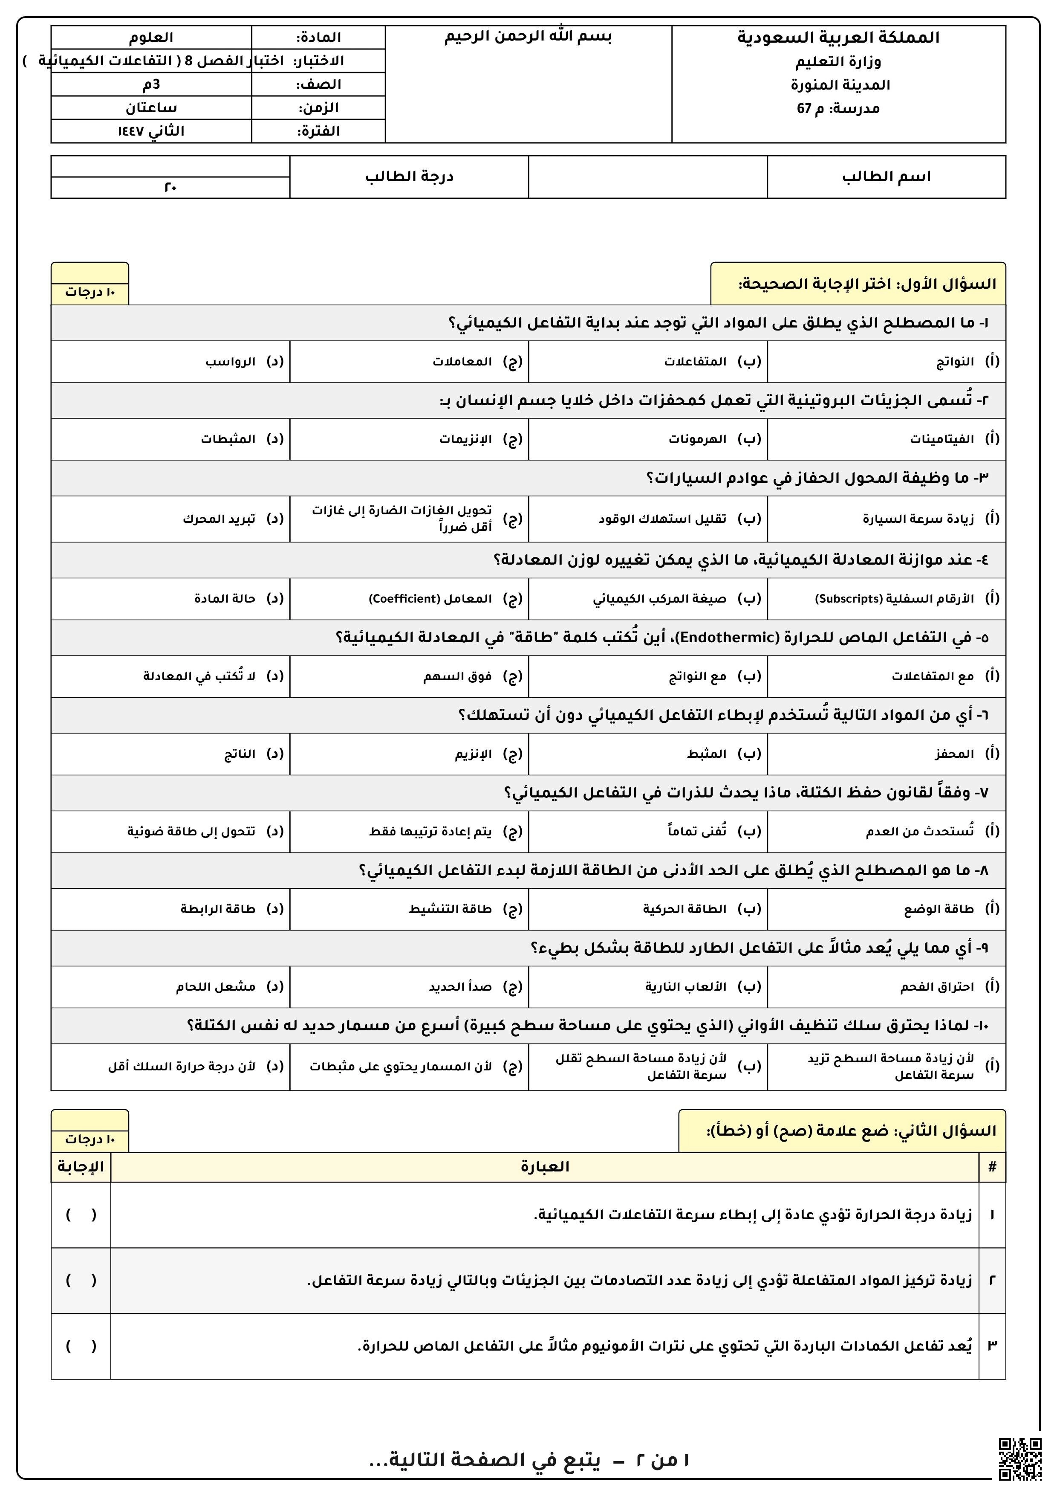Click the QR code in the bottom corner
(x=1020, y=1459)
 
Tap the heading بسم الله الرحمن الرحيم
(x=528, y=37)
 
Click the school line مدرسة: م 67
(x=838, y=108)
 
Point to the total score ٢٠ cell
(x=170, y=188)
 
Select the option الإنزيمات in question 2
(x=465, y=439)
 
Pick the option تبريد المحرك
(x=219, y=519)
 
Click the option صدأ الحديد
(x=460, y=987)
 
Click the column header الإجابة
(x=81, y=1167)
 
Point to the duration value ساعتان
(x=151, y=107)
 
